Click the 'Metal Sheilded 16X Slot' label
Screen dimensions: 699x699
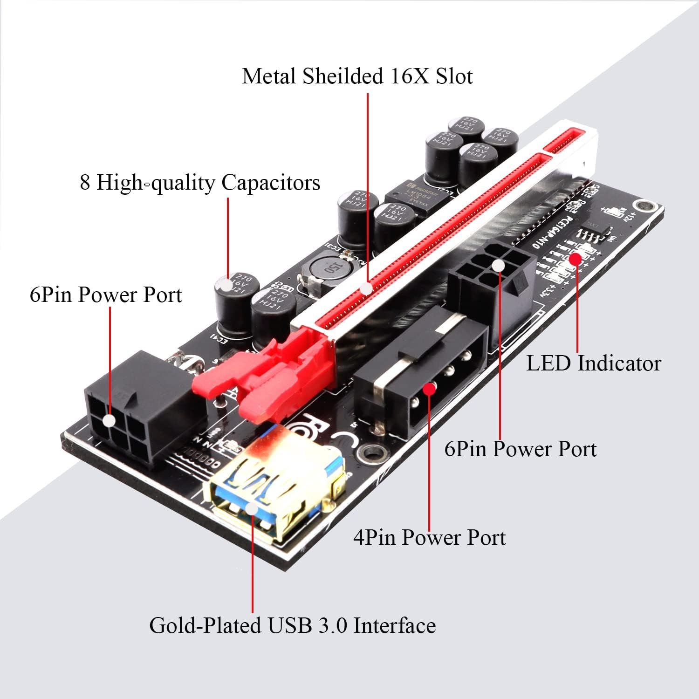pyautogui.click(x=357, y=76)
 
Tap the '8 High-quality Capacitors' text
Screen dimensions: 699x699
pyautogui.click(x=200, y=182)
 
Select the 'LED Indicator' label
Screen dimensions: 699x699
pyautogui.click(x=593, y=363)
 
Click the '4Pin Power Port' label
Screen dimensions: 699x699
pyautogui.click(x=429, y=537)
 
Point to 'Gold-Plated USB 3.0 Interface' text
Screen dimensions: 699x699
pyautogui.click(x=292, y=625)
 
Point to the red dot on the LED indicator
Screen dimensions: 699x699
pyautogui.click(x=576, y=259)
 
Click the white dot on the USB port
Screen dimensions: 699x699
pyautogui.click(x=251, y=508)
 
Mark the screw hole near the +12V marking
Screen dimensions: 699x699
pyautogui.click(x=645, y=206)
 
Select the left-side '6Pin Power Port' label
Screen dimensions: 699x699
pyautogui.click(x=106, y=295)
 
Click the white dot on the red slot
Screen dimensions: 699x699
pyautogui.click(x=367, y=289)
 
